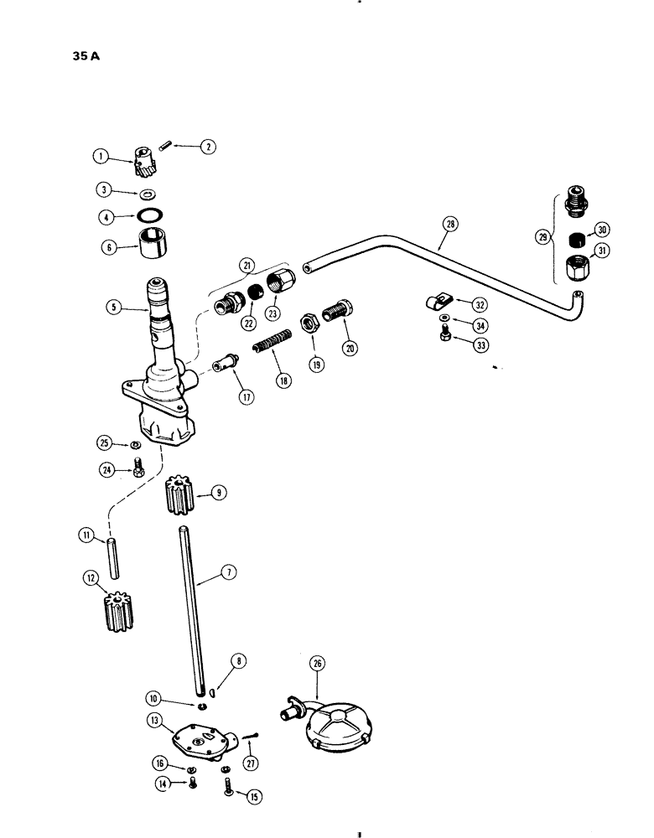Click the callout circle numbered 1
click(x=101, y=154)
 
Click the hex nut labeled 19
click(x=309, y=326)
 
